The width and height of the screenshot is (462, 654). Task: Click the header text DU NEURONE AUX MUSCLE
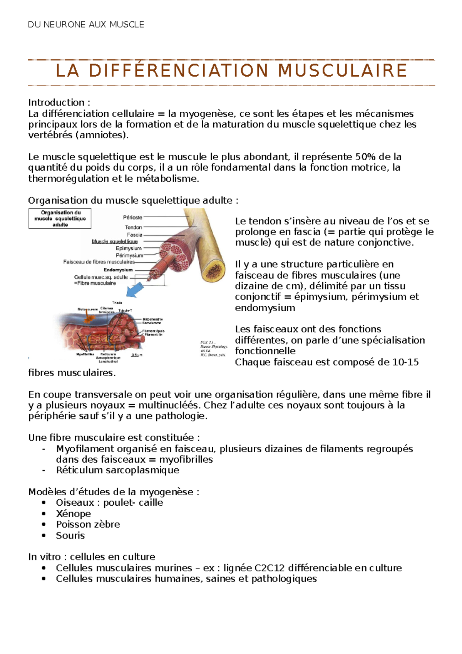[x=86, y=25]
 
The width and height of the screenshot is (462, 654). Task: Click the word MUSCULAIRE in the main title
[x=342, y=71]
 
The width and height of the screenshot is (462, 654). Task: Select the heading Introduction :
[x=59, y=102]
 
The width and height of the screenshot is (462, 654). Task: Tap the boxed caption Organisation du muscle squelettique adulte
[x=60, y=218]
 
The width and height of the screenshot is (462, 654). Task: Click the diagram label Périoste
[x=132, y=218]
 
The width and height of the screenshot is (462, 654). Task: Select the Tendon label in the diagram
[x=133, y=227]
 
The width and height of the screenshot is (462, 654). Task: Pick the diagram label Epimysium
[x=129, y=248]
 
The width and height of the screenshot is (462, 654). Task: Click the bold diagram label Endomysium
[x=118, y=270]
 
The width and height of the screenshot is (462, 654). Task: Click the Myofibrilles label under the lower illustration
[x=85, y=354]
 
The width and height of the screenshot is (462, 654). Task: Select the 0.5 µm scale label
[x=137, y=355]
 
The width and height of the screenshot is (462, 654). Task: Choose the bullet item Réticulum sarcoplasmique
[x=117, y=470]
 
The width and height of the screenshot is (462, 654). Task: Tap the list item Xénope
[x=73, y=514]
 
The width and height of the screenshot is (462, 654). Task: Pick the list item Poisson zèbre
[x=88, y=525]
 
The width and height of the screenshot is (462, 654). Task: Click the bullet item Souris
[x=70, y=535]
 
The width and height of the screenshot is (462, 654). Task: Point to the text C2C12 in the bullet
[x=270, y=568]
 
